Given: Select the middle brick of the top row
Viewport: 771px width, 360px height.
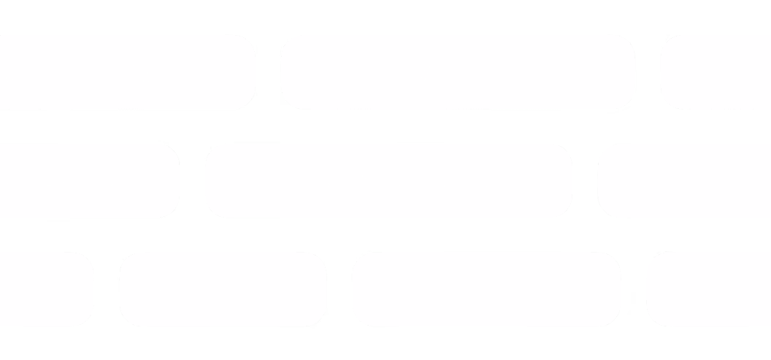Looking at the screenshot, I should coord(458,72).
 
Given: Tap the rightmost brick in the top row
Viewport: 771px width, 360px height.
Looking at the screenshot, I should coord(716,72).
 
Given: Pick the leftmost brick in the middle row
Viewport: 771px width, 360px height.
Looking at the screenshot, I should coord(88,180).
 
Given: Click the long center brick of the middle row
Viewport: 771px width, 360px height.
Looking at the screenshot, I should coord(388,180).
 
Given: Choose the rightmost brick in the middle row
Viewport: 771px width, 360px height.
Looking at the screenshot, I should coord(685,180).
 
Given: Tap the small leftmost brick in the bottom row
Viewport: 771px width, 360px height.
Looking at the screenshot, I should coord(45,289).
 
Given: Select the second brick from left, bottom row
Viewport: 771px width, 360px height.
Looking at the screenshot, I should coord(223,289).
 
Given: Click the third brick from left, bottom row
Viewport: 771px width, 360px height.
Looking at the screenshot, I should coord(486,289).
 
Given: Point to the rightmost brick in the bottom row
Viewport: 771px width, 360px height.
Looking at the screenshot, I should coord(709,289).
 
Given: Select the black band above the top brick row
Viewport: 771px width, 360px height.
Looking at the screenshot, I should coord(385,16).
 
